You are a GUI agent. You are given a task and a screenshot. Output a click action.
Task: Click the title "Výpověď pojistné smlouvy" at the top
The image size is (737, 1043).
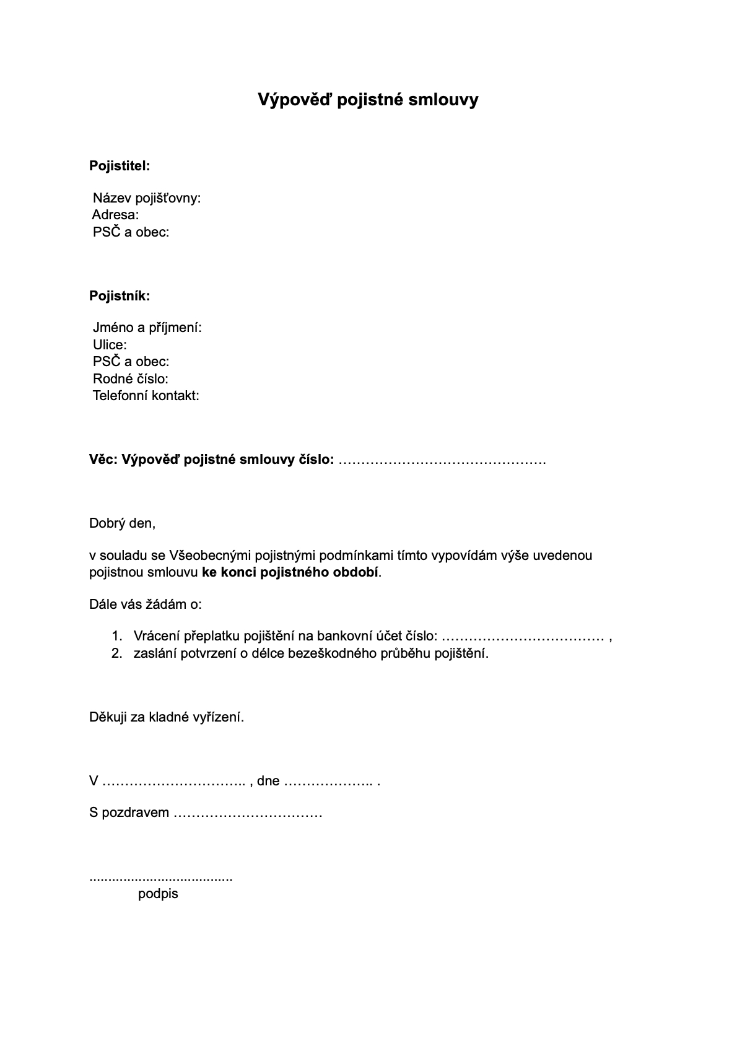pyautogui.click(x=368, y=100)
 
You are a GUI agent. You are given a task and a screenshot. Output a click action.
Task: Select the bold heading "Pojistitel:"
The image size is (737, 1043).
pyautogui.click(x=120, y=166)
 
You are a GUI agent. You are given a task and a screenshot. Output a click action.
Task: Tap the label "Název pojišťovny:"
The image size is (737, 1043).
pyautogui.click(x=147, y=198)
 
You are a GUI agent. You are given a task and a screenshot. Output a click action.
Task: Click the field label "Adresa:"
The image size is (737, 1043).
pyautogui.click(x=115, y=215)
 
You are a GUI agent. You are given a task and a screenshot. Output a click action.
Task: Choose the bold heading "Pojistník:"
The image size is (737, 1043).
pyautogui.click(x=120, y=296)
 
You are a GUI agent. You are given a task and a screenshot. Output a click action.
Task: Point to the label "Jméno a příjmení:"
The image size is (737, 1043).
pyautogui.click(x=147, y=328)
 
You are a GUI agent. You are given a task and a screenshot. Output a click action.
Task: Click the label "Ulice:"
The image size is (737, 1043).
pyautogui.click(x=110, y=345)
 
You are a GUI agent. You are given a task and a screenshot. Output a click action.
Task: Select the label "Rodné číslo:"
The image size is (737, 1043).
pyautogui.click(x=131, y=379)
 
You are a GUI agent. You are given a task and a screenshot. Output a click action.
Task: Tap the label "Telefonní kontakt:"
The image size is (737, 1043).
pyautogui.click(x=146, y=396)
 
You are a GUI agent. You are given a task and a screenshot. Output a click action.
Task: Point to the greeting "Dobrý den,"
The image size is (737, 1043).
pyautogui.click(x=122, y=523)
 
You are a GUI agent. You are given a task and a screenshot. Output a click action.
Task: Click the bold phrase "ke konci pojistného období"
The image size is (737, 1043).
pyautogui.click(x=290, y=572)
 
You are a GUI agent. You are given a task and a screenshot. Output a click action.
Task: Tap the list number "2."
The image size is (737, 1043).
pyautogui.click(x=117, y=653)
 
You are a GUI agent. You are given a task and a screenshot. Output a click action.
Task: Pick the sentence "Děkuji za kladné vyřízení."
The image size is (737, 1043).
pyautogui.click(x=167, y=717)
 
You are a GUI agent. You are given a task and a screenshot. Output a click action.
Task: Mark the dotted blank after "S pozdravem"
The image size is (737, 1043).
pyautogui.click(x=248, y=813)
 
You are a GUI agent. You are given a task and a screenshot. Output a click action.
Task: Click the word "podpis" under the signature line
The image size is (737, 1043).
pyautogui.click(x=158, y=894)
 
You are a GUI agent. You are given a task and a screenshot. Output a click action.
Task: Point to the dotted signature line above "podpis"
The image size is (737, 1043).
pyautogui.click(x=161, y=878)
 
